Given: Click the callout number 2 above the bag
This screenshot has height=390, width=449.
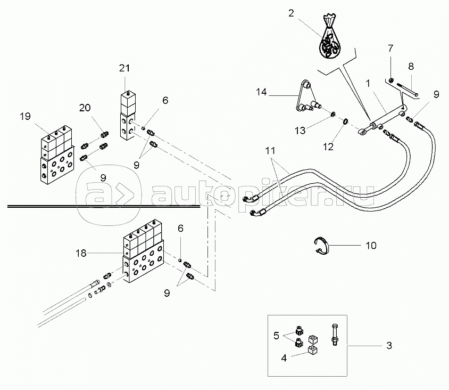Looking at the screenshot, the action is pos(291,13).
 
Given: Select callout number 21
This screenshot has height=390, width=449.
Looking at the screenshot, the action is pos(124,68).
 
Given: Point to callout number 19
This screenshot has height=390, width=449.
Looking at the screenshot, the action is pos(25,117).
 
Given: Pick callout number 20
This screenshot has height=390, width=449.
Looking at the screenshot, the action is pos(85,108).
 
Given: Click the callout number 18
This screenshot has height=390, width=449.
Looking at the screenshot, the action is pos(81,253).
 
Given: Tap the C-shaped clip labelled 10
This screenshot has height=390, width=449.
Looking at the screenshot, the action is pos(321,246).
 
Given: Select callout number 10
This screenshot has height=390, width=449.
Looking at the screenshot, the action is pos(371,246).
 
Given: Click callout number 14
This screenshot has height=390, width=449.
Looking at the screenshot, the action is pos(261,92).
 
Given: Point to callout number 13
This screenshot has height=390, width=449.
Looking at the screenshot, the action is pos(300,131).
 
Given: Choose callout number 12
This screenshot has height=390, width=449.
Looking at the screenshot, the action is pos(328,147).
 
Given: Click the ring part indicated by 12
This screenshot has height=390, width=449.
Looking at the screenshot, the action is pos(346,121).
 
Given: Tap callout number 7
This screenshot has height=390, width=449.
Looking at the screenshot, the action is pos(390,48).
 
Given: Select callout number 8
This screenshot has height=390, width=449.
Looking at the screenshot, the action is pos(411,67).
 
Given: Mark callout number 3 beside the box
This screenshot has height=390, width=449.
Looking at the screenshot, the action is pos(389,346).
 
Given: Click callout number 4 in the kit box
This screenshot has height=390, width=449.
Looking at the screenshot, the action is pos(284,358).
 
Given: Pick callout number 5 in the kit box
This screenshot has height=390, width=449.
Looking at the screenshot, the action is pos(276,336).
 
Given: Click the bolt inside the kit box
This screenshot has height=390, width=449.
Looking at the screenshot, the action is pos(334,335).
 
